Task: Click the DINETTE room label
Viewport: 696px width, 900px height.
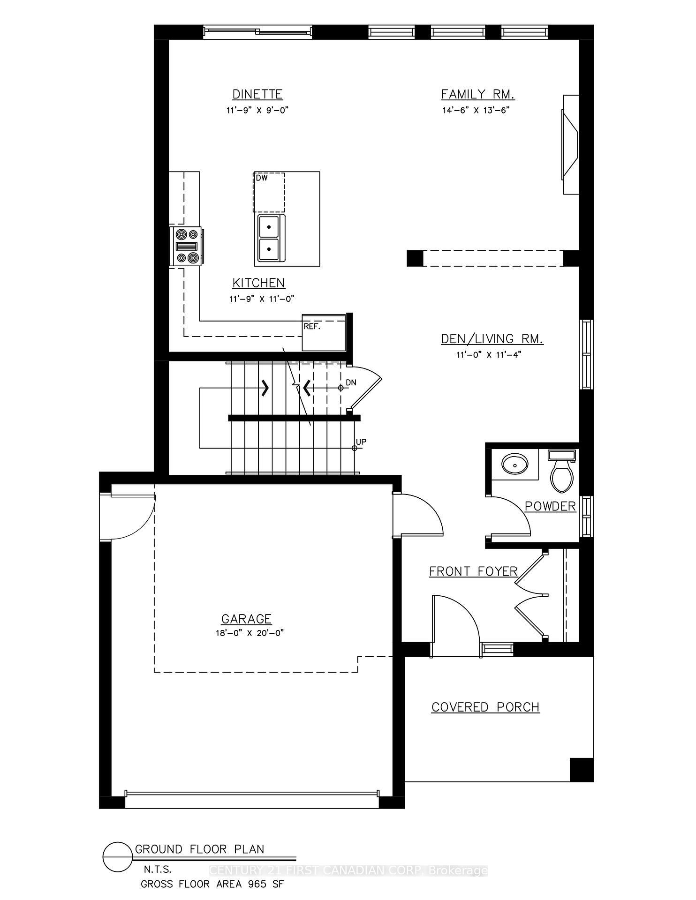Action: click(x=257, y=94)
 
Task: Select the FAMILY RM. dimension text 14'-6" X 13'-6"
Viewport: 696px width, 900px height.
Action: click(x=476, y=111)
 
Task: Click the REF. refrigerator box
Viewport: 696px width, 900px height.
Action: click(x=324, y=333)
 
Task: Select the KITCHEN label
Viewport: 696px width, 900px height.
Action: click(x=258, y=283)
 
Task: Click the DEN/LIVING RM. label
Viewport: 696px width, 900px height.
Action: click(x=492, y=339)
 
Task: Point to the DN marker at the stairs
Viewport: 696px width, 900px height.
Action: click(x=351, y=382)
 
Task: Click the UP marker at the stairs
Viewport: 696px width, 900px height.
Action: click(x=361, y=442)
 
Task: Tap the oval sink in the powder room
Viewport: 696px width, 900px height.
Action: click(x=515, y=464)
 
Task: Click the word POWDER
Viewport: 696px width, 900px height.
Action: click(x=550, y=506)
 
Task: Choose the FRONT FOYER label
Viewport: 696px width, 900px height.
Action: click(x=473, y=571)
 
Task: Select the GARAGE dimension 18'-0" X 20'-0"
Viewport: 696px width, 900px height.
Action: click(x=247, y=633)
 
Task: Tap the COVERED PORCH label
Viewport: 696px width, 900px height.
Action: click(x=485, y=707)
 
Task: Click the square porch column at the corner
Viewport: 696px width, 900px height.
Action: click(x=582, y=769)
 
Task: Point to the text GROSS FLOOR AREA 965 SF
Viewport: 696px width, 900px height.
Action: click(x=212, y=885)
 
